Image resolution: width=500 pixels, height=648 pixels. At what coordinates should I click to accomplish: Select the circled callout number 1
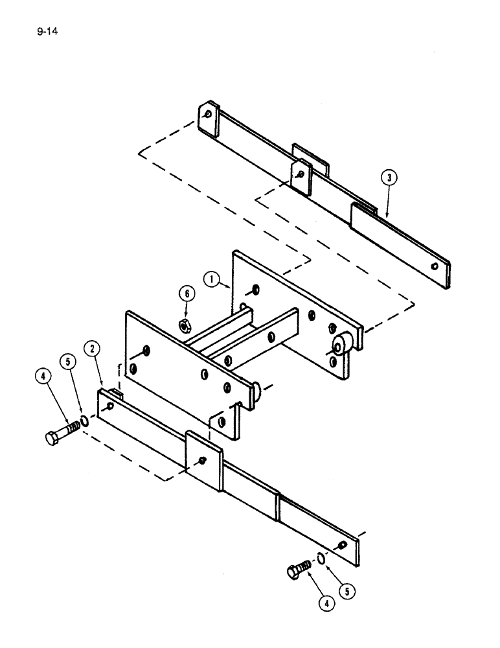click(211, 280)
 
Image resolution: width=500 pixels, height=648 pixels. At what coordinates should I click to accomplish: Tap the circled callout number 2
click(94, 350)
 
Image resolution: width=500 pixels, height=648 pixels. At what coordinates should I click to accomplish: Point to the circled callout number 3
click(389, 177)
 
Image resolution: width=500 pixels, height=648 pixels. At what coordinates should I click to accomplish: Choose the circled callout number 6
click(187, 294)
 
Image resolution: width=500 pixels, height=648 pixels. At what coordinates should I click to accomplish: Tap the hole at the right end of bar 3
click(435, 266)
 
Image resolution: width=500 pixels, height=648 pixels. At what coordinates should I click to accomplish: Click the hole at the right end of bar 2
click(341, 544)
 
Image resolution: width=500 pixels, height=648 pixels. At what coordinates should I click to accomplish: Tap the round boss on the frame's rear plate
click(341, 342)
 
